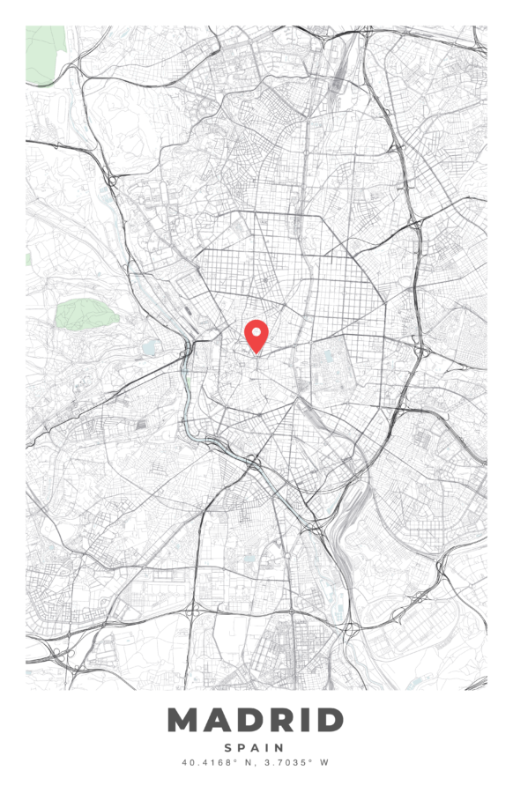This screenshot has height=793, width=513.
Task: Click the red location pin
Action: click(256, 335)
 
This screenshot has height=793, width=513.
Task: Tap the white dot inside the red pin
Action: click(256, 332)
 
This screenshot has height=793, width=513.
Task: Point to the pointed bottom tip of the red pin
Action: click(256, 353)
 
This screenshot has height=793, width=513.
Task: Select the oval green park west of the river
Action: click(81, 314)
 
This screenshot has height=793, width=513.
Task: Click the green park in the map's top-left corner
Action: click(44, 55)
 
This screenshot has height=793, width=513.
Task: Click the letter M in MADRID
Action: click(184, 720)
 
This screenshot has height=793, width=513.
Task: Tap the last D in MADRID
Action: click(326, 720)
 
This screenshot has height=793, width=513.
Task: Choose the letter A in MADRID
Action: click(210, 720)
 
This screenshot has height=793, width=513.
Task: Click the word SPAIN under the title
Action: click(256, 747)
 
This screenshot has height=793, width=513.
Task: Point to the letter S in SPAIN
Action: click(229, 747)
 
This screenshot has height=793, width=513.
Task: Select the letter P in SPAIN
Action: click(242, 747)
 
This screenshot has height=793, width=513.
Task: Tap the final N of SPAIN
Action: click(281, 747)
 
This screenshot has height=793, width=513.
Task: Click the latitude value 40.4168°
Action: click(208, 762)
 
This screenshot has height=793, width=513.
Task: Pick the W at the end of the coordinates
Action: click(323, 762)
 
